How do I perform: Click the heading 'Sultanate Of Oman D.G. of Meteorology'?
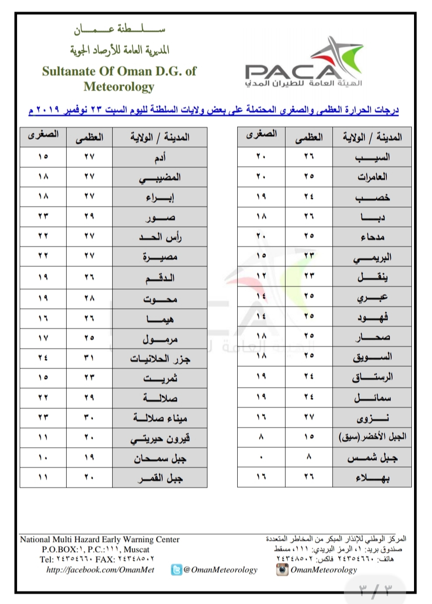coord(119,78)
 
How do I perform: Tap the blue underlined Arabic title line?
coord(214,110)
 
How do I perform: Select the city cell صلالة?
coord(160,398)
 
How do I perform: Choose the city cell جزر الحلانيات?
coord(160,359)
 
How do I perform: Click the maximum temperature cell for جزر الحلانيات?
coord(89,358)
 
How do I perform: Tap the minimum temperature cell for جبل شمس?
coord(261,457)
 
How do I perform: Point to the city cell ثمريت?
coord(160,378)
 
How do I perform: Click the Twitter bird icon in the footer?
coord(176,570)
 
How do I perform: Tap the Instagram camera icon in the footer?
coord(282,569)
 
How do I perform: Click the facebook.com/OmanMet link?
coord(100,570)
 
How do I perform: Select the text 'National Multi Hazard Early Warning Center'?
coord(100,540)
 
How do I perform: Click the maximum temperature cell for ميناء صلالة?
coord(89,418)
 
